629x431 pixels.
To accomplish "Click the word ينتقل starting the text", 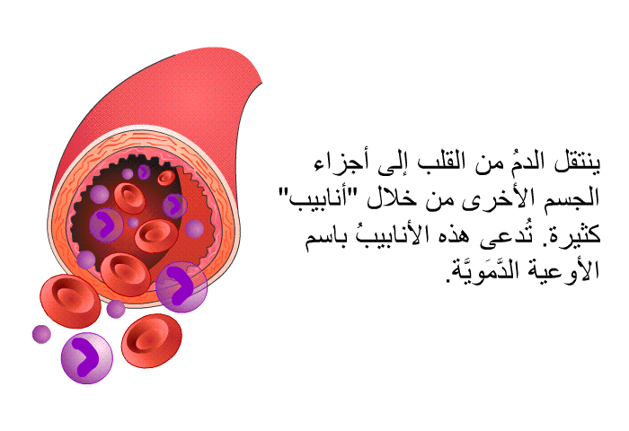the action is pyautogui.click(x=577, y=163).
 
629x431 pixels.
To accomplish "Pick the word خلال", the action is pyautogui.click(x=390, y=198).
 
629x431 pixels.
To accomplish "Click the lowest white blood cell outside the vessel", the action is pyautogui.click(x=86, y=358).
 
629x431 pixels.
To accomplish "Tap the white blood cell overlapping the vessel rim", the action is pyautogui.click(x=182, y=286).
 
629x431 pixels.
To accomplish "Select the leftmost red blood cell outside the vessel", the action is pyautogui.click(x=70, y=301).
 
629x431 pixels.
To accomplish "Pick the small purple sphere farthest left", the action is pyautogui.click(x=41, y=334).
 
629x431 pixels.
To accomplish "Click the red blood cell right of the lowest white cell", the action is pyautogui.click(x=152, y=341).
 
